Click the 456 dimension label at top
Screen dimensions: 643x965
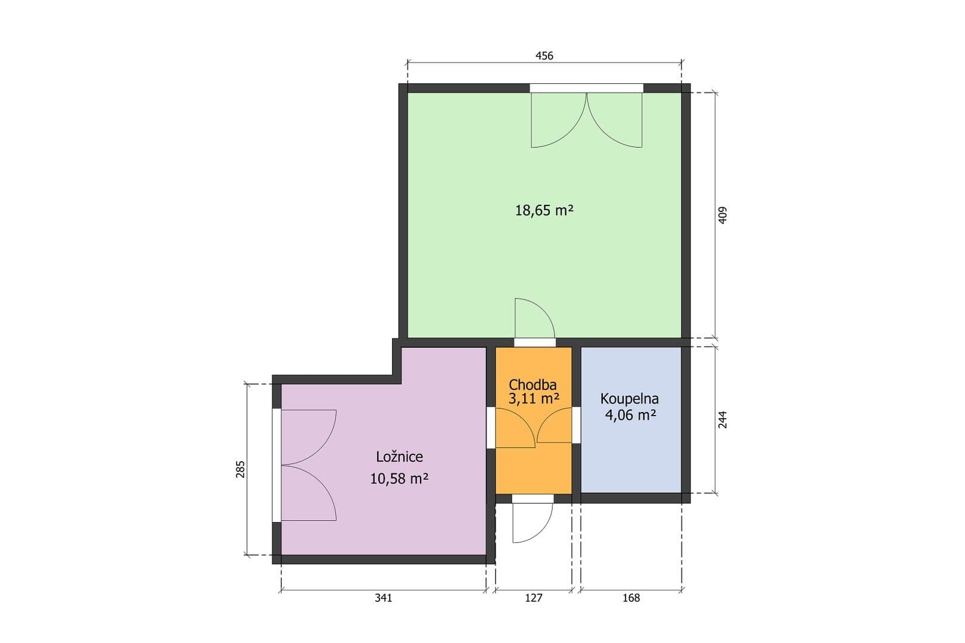544,56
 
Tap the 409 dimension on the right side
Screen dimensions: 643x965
723,215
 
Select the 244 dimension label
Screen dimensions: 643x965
723,420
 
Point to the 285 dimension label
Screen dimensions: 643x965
241,469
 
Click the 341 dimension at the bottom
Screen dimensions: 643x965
383,598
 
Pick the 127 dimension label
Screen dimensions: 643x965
534,598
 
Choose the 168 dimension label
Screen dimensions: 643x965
631,598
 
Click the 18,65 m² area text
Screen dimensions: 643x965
544,210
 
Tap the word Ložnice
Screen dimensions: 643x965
399,457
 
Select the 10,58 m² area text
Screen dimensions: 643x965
399,478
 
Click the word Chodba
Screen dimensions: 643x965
533,385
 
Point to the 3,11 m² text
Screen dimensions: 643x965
534,399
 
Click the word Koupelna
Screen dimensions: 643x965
630,398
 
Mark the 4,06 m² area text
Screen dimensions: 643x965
630,414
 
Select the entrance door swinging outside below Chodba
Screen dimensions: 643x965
532,521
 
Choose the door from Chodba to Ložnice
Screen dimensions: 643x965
513,429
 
